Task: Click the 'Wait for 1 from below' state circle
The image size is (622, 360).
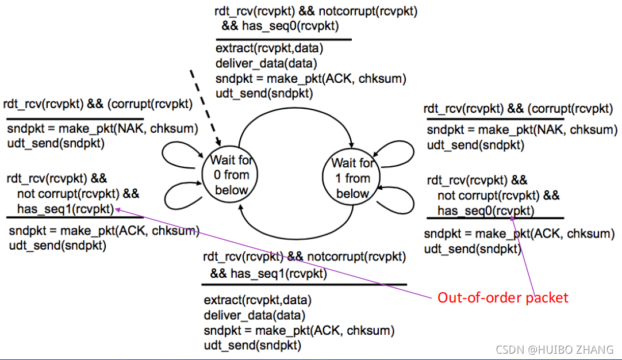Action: tap(352, 178)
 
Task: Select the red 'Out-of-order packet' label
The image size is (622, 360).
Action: tap(502, 297)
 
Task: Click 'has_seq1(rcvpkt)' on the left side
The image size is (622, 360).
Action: tap(65, 209)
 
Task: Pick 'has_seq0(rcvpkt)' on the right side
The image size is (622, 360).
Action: tap(485, 211)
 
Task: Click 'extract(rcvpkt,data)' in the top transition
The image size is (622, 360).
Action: tap(261, 48)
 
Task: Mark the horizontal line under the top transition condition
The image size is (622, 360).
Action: tap(283, 39)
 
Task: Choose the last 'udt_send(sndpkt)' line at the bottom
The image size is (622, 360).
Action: tap(252, 345)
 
